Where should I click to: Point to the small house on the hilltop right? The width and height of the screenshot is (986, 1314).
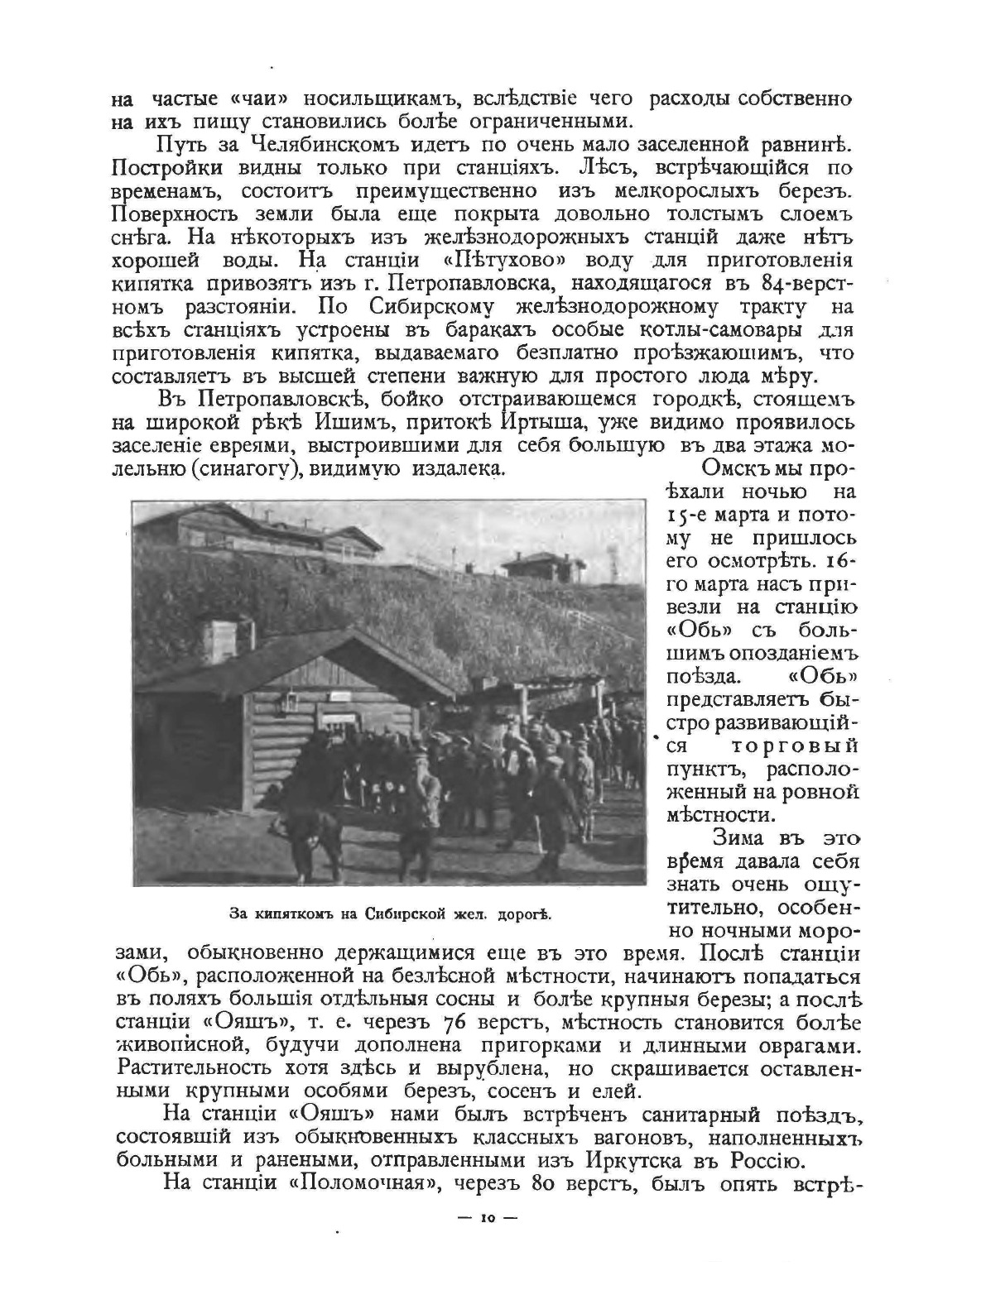pyautogui.click(x=543, y=566)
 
